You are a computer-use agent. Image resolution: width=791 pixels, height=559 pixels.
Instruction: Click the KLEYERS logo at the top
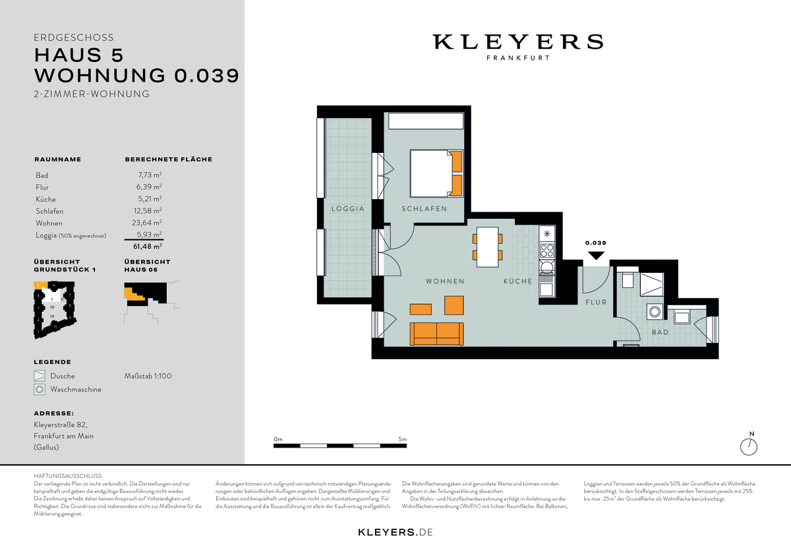(517, 42)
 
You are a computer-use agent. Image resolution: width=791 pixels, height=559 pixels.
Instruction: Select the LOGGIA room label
(349, 209)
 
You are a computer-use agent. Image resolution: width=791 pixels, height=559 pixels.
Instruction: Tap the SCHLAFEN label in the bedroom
(424, 209)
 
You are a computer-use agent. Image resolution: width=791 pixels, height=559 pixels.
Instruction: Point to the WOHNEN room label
(445, 281)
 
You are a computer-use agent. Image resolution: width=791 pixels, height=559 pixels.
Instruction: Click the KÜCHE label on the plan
(518, 281)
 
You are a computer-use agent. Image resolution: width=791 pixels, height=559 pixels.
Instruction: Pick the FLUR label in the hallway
(596, 303)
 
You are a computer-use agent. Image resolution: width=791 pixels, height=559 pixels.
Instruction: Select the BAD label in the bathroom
(660, 332)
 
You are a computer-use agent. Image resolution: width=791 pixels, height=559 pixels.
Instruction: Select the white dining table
(488, 247)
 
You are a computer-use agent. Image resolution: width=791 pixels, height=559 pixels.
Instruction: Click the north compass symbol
(750, 446)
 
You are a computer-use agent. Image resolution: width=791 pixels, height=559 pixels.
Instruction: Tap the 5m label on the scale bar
(402, 439)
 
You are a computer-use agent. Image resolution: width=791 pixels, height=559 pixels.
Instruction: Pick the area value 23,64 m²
(148, 223)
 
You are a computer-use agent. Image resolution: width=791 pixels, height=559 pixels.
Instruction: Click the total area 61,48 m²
(148, 247)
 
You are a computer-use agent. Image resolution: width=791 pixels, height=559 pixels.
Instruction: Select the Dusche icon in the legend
(40, 376)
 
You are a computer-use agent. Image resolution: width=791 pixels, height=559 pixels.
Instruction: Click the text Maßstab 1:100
(148, 376)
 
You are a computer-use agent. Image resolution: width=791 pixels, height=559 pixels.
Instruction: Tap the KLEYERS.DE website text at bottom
(395, 532)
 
